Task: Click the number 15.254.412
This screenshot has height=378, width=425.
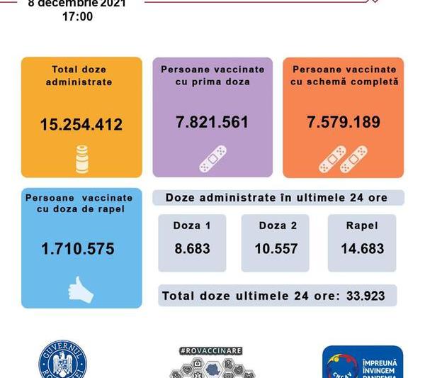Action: coord(81,125)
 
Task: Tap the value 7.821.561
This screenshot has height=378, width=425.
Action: coord(212,122)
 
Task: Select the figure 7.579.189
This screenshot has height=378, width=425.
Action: coord(343,122)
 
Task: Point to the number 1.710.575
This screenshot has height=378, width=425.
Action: coord(77,249)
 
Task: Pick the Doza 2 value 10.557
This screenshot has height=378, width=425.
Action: coord(275,248)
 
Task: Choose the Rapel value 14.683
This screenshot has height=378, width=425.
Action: coord(361,248)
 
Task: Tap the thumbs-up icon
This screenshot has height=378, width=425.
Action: coord(79,289)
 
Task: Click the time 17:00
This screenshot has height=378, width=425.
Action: coord(77,16)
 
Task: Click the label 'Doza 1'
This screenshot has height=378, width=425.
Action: coord(191,226)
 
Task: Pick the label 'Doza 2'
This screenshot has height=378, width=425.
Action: coord(275,226)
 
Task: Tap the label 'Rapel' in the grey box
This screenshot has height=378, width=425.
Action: coord(361,226)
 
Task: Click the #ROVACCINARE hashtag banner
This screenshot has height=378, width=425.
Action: coord(211,350)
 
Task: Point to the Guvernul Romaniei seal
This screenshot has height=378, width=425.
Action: coord(62,363)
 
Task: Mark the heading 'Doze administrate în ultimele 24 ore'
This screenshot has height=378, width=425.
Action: coord(276,197)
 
